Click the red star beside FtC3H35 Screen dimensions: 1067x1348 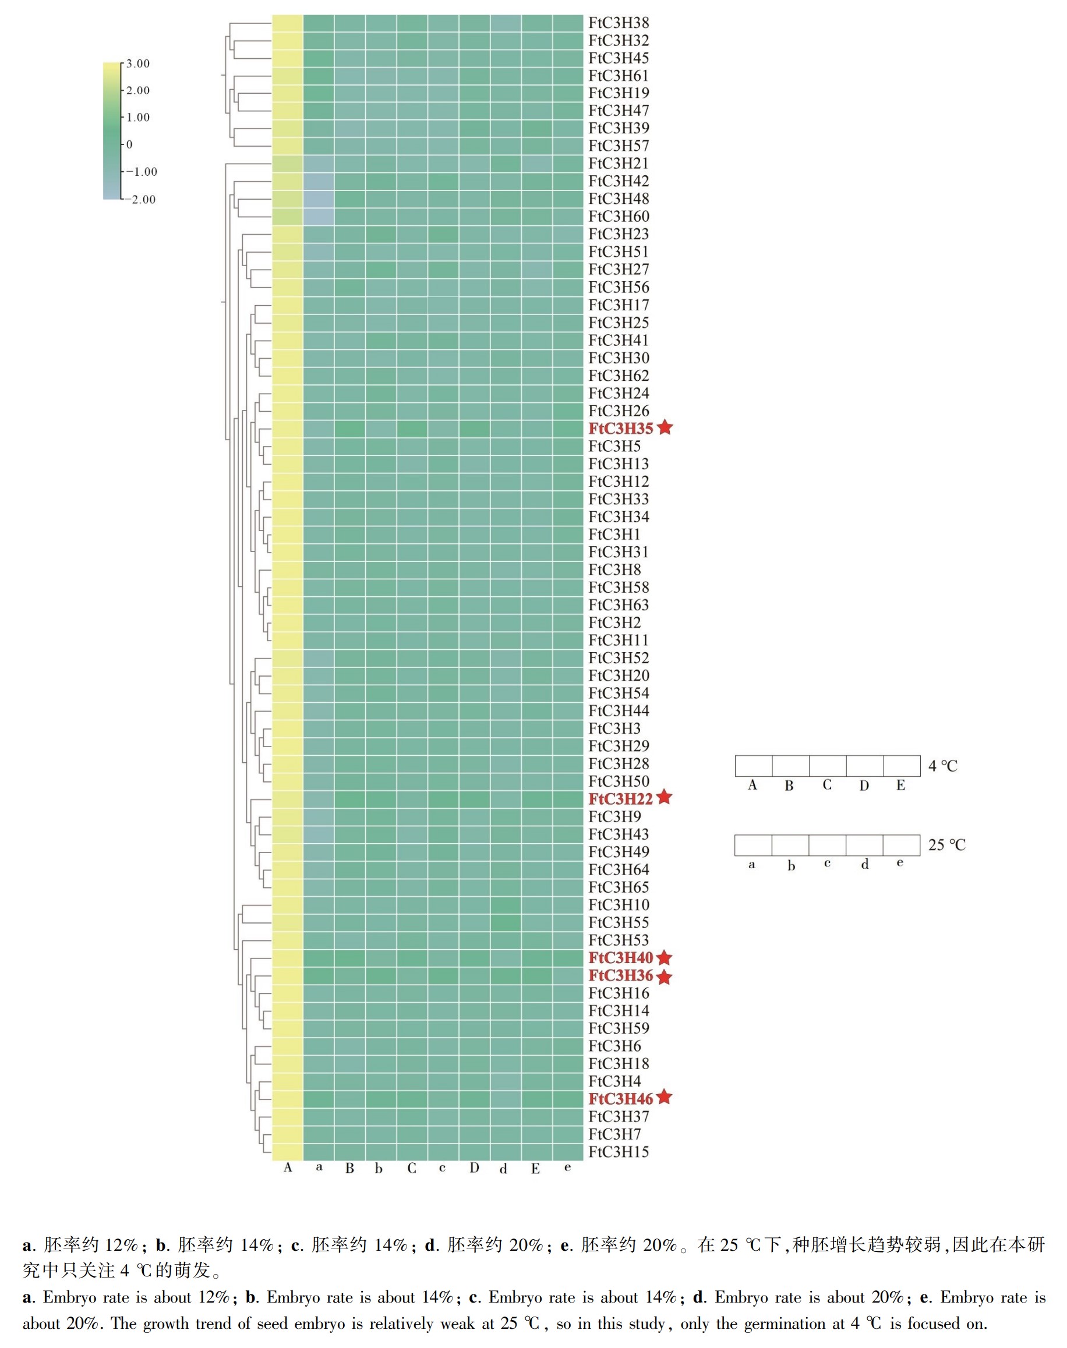click(665, 427)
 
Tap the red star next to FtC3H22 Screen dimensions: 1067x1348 click(664, 797)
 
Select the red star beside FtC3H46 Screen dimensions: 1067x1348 click(664, 1097)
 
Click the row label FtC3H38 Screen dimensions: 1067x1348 click(619, 23)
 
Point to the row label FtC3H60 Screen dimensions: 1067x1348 click(619, 217)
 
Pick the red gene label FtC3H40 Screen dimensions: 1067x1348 click(620, 958)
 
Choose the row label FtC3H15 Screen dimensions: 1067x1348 click(619, 1151)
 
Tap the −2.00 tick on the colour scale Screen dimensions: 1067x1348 click(143, 199)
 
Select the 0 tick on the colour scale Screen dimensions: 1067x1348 click(129, 144)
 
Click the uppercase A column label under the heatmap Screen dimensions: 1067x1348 click(287, 1167)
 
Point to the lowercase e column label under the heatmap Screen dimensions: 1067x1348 click(567, 1167)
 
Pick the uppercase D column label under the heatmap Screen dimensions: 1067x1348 click(474, 1167)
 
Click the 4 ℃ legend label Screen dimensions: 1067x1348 click(943, 766)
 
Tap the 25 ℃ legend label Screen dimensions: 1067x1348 click(947, 845)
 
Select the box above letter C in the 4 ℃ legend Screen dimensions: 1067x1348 click(828, 765)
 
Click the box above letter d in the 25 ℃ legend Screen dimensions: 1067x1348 click(864, 845)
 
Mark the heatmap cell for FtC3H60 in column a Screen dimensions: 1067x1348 click(319, 217)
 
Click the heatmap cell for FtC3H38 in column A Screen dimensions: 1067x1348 click(287, 23)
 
